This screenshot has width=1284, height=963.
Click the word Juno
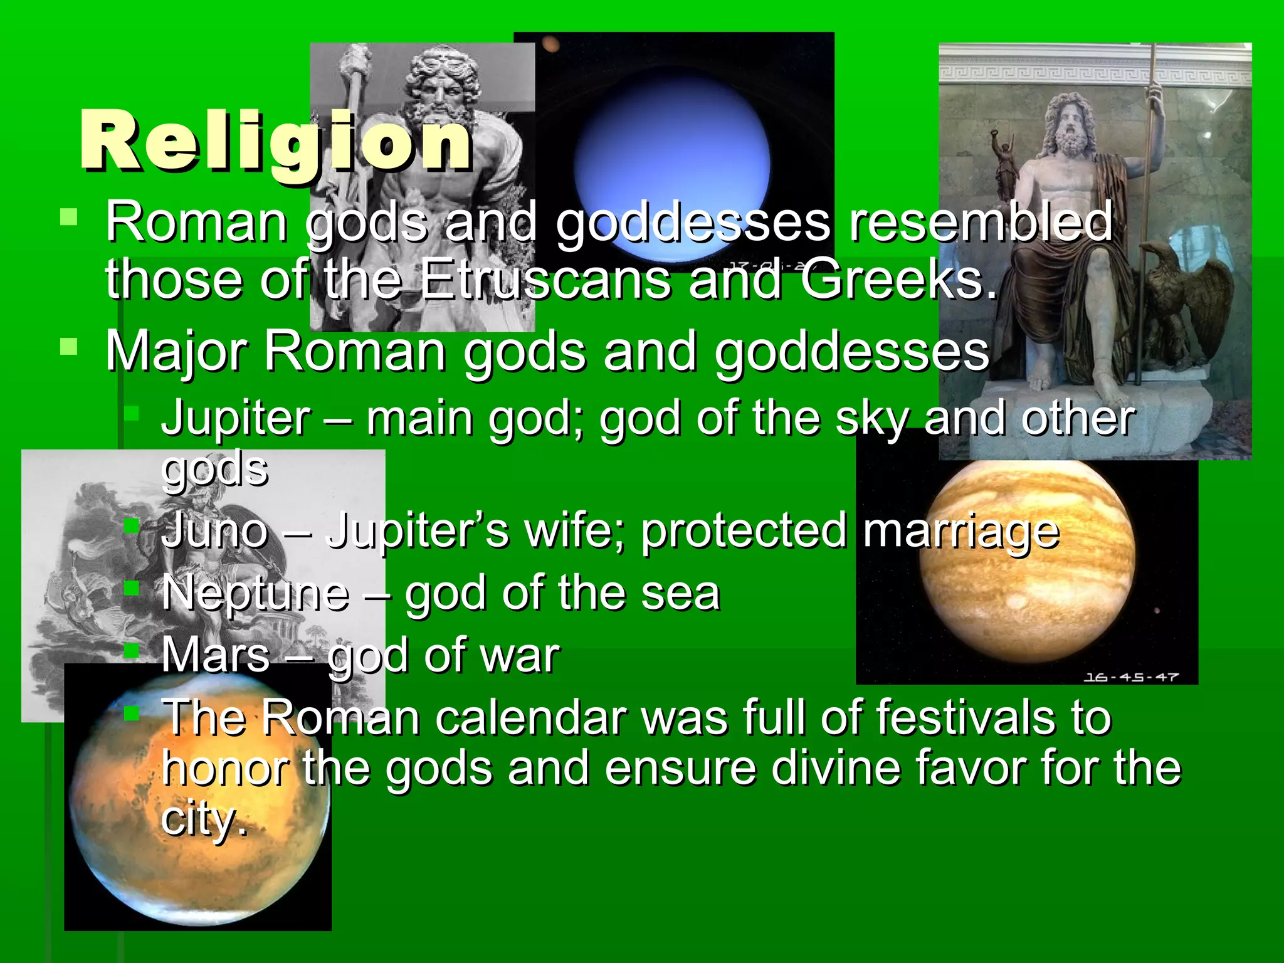[215, 530]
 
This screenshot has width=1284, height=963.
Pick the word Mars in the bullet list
[216, 656]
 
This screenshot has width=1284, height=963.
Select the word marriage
[960, 530]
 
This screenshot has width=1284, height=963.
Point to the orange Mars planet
[198, 809]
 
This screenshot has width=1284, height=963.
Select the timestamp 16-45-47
[1131, 677]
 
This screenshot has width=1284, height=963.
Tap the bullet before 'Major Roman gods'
[68, 347]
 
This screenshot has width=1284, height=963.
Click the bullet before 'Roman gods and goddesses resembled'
[68, 217]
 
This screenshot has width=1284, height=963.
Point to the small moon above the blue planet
[550, 44]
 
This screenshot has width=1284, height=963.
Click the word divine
[836, 769]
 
